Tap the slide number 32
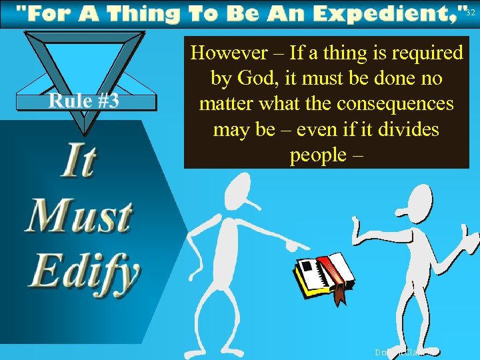click(x=471, y=13)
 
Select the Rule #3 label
click(x=83, y=101)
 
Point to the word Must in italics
click(x=79, y=217)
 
